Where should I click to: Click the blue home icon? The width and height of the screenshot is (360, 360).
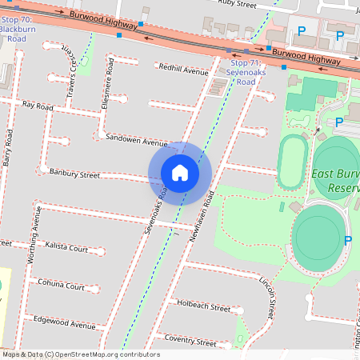[x=180, y=172]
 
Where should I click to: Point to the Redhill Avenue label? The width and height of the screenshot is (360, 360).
[x=183, y=69]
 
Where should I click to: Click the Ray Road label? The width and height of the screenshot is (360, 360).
[x=38, y=106]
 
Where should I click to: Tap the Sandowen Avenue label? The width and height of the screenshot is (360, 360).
[x=136, y=140]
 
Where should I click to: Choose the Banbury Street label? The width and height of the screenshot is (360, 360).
[x=74, y=173]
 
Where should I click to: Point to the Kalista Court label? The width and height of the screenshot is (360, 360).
[x=66, y=248]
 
